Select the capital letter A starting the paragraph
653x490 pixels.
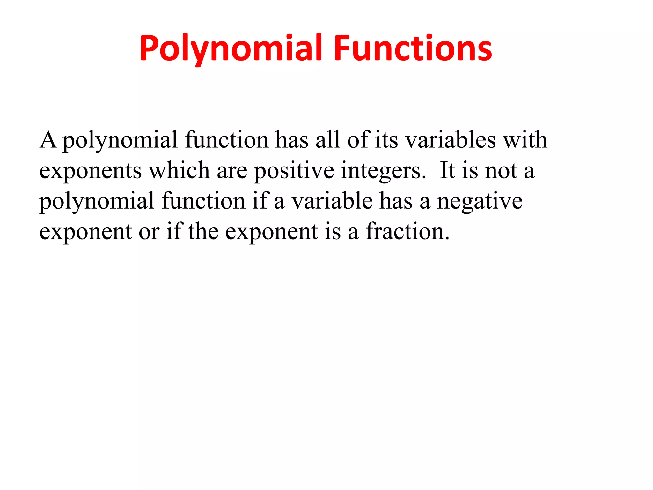(48, 140)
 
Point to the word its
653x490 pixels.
(386, 140)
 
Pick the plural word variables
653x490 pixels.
(451, 140)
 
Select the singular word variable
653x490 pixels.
(332, 201)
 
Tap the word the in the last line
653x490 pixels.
(203, 231)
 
